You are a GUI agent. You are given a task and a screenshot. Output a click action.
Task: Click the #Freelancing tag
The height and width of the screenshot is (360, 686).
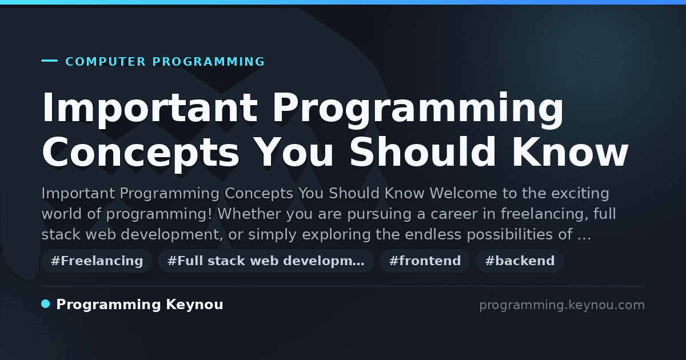click(97, 261)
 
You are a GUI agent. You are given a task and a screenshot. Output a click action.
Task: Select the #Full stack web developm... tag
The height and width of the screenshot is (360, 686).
click(266, 261)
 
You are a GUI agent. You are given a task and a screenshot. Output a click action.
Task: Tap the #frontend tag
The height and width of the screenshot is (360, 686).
click(425, 261)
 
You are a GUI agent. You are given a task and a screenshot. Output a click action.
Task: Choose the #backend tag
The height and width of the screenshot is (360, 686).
click(520, 261)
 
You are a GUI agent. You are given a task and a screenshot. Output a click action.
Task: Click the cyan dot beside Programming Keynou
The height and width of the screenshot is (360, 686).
click(46, 304)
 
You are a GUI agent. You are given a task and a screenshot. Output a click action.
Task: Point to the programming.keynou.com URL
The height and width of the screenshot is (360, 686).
click(562, 305)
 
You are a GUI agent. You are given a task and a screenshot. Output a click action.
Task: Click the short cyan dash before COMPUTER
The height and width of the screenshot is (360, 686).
click(49, 61)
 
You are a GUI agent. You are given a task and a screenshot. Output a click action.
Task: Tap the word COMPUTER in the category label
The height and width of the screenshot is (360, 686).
click(105, 62)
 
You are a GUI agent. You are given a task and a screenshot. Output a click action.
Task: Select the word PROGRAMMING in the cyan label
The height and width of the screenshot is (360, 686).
click(209, 62)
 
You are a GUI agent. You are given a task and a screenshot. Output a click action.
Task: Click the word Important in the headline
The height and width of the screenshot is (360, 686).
click(150, 108)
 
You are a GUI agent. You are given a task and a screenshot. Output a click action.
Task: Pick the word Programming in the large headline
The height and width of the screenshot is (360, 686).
click(418, 108)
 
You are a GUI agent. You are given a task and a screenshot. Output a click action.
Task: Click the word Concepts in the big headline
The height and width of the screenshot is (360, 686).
click(140, 152)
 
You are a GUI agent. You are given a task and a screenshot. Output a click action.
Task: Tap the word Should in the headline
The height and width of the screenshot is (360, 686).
click(423, 152)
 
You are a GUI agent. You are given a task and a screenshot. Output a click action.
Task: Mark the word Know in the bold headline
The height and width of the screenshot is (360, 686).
click(571, 152)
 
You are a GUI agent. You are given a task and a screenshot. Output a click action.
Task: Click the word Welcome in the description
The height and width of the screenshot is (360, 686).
click(463, 193)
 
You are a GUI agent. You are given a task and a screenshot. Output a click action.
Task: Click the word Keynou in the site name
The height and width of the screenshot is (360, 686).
click(194, 305)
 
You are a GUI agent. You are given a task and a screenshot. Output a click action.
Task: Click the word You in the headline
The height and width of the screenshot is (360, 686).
click(294, 152)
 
